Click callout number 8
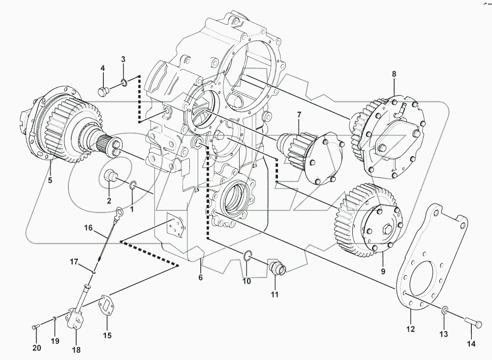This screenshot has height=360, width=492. pyautogui.click(x=394, y=74)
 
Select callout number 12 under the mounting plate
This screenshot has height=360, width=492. pyautogui.click(x=410, y=328)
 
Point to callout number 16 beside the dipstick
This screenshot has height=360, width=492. pyautogui.click(x=88, y=228)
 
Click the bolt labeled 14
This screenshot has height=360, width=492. pyautogui.click(x=473, y=323)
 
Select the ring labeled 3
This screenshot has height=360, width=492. pyautogui.click(x=125, y=82)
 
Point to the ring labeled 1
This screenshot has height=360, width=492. pyautogui.click(x=133, y=186)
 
